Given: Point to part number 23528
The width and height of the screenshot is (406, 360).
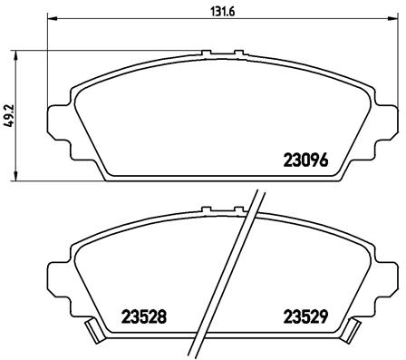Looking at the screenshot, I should (143, 318).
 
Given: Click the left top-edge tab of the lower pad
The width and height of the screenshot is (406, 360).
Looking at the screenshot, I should (206, 211).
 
